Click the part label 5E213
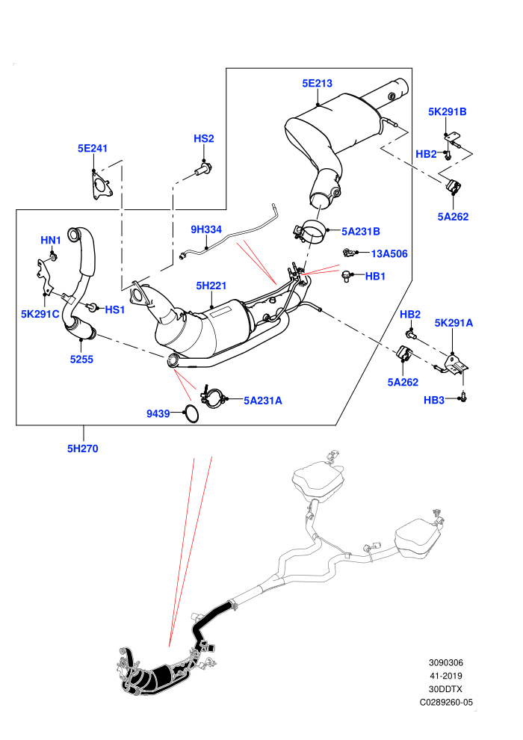[x=317, y=84]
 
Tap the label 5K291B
[x=447, y=112]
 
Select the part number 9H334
[x=206, y=229]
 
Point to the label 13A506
[x=389, y=254]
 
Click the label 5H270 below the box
[x=82, y=448]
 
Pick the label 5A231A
[x=263, y=401]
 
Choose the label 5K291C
[x=40, y=314]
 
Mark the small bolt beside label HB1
[x=347, y=276]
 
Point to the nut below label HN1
[x=53, y=256]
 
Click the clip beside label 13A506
[x=348, y=253]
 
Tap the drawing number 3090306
[x=445, y=663]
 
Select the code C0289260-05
[x=446, y=703]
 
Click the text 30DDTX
[x=445, y=689]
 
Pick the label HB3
[x=434, y=401]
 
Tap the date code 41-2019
[x=445, y=676]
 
